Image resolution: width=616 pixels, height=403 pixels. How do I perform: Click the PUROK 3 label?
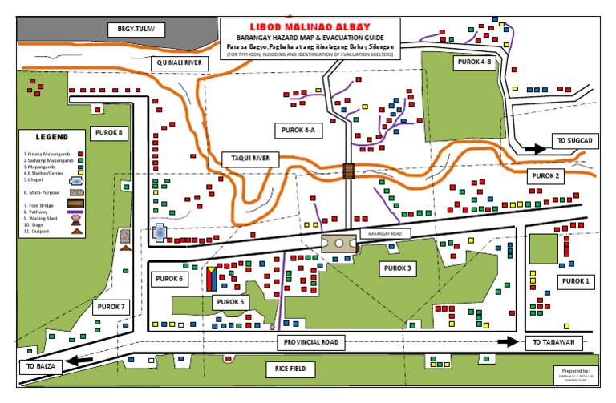click(398, 268)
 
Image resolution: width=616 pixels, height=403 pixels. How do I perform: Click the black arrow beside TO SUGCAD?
click(533, 148)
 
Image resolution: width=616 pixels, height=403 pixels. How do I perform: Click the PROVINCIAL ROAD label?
click(311, 342)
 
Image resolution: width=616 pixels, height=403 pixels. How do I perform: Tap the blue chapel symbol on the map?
click(160, 234)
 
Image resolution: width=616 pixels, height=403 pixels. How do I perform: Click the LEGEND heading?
click(51, 137)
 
